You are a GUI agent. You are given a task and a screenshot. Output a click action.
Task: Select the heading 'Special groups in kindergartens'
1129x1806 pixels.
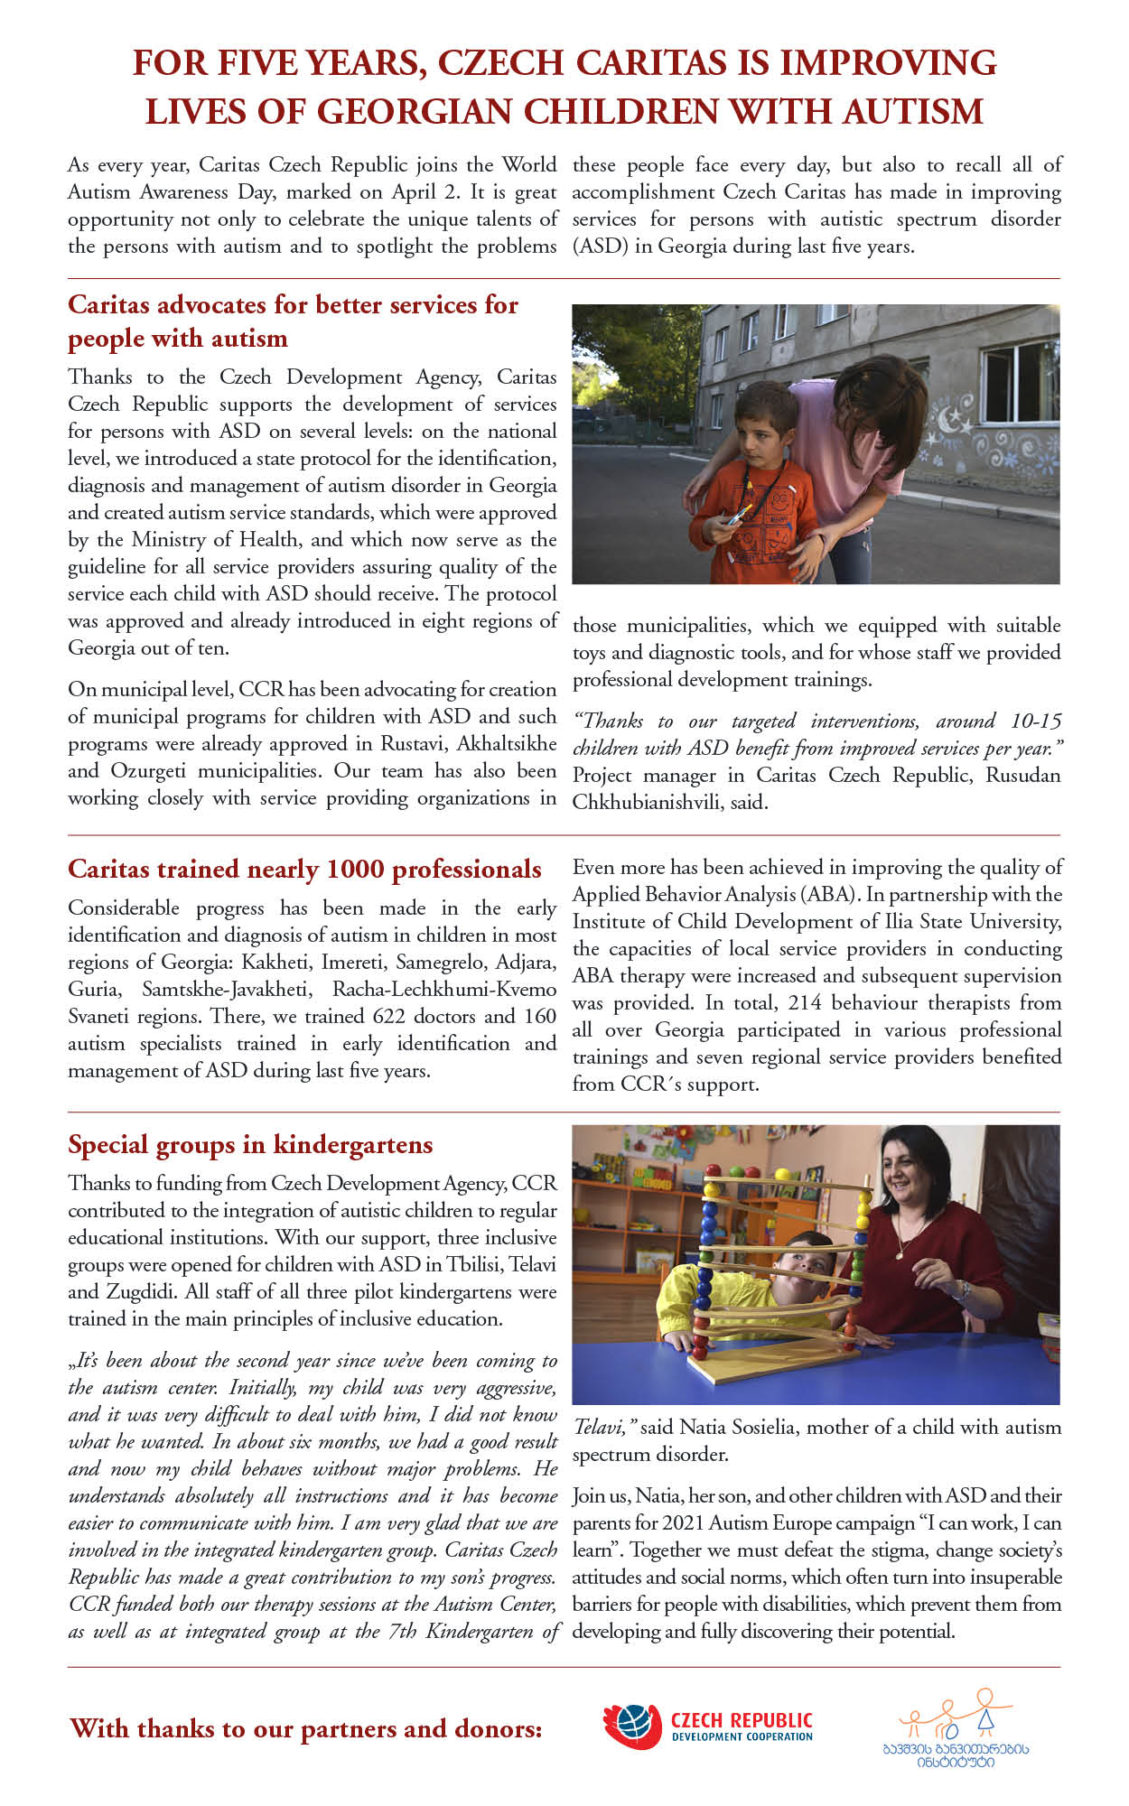[250, 1145]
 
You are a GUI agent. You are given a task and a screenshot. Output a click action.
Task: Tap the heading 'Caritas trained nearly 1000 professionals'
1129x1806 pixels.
[304, 870]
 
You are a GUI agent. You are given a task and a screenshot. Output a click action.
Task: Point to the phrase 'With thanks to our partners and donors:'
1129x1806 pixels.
[306, 1729]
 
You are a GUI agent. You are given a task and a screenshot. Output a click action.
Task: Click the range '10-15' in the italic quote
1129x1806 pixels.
[1036, 721]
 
